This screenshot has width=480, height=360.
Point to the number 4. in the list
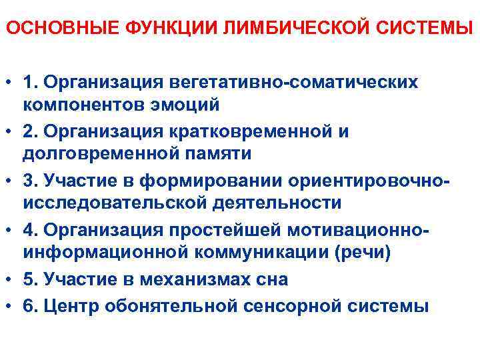click(x=30, y=230)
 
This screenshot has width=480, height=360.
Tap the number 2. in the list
click(x=30, y=131)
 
